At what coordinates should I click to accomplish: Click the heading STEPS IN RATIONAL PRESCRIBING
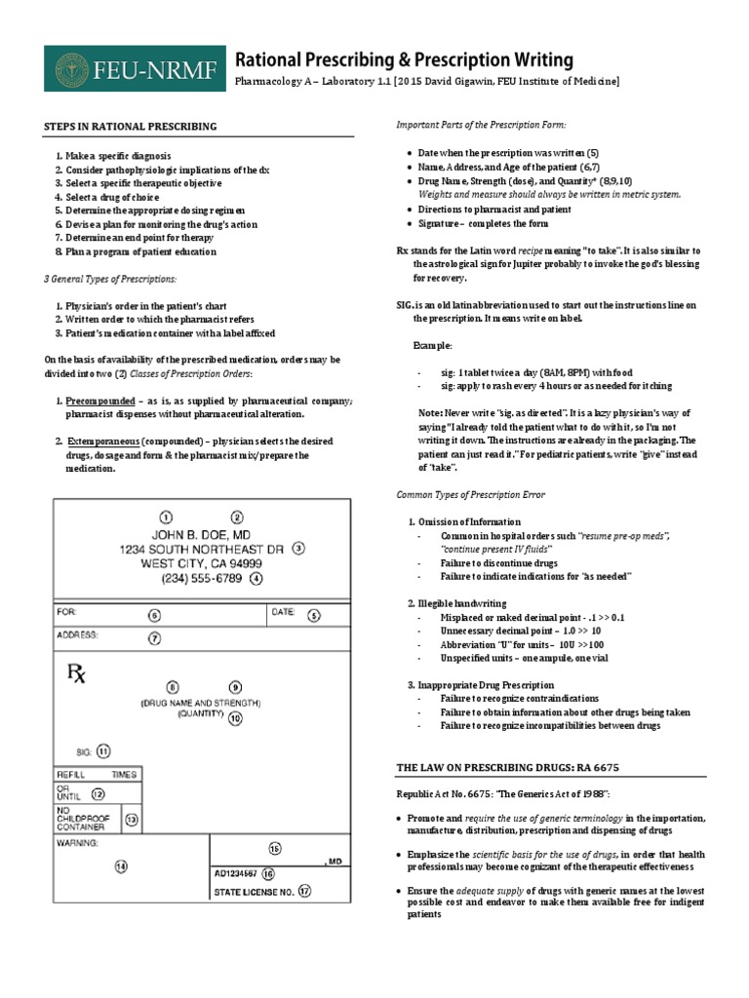(x=131, y=127)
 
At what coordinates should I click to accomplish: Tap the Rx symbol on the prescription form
(x=75, y=673)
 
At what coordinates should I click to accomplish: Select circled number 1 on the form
(x=166, y=517)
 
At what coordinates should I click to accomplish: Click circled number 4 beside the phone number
(x=256, y=578)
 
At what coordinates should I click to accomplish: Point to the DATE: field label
(x=283, y=612)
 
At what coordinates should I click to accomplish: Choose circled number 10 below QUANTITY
(x=235, y=718)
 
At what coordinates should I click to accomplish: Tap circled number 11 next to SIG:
(x=103, y=750)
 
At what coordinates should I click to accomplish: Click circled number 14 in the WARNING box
(x=121, y=864)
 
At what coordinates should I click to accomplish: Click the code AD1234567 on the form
(x=236, y=873)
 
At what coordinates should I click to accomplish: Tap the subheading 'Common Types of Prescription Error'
(x=470, y=494)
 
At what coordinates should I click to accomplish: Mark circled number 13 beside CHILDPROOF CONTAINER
(x=131, y=820)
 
